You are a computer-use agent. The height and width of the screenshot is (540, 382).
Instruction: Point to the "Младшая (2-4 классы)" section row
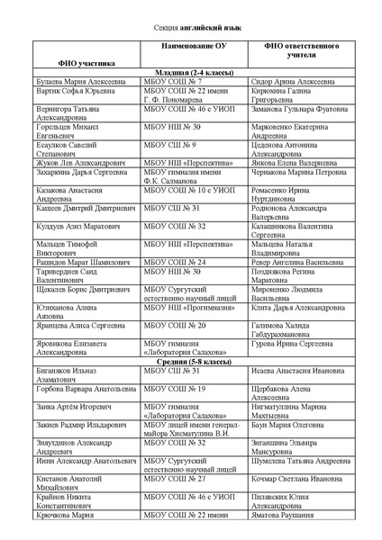click(191, 72)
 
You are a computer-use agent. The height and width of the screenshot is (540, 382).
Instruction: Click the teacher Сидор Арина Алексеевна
click(292, 81)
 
